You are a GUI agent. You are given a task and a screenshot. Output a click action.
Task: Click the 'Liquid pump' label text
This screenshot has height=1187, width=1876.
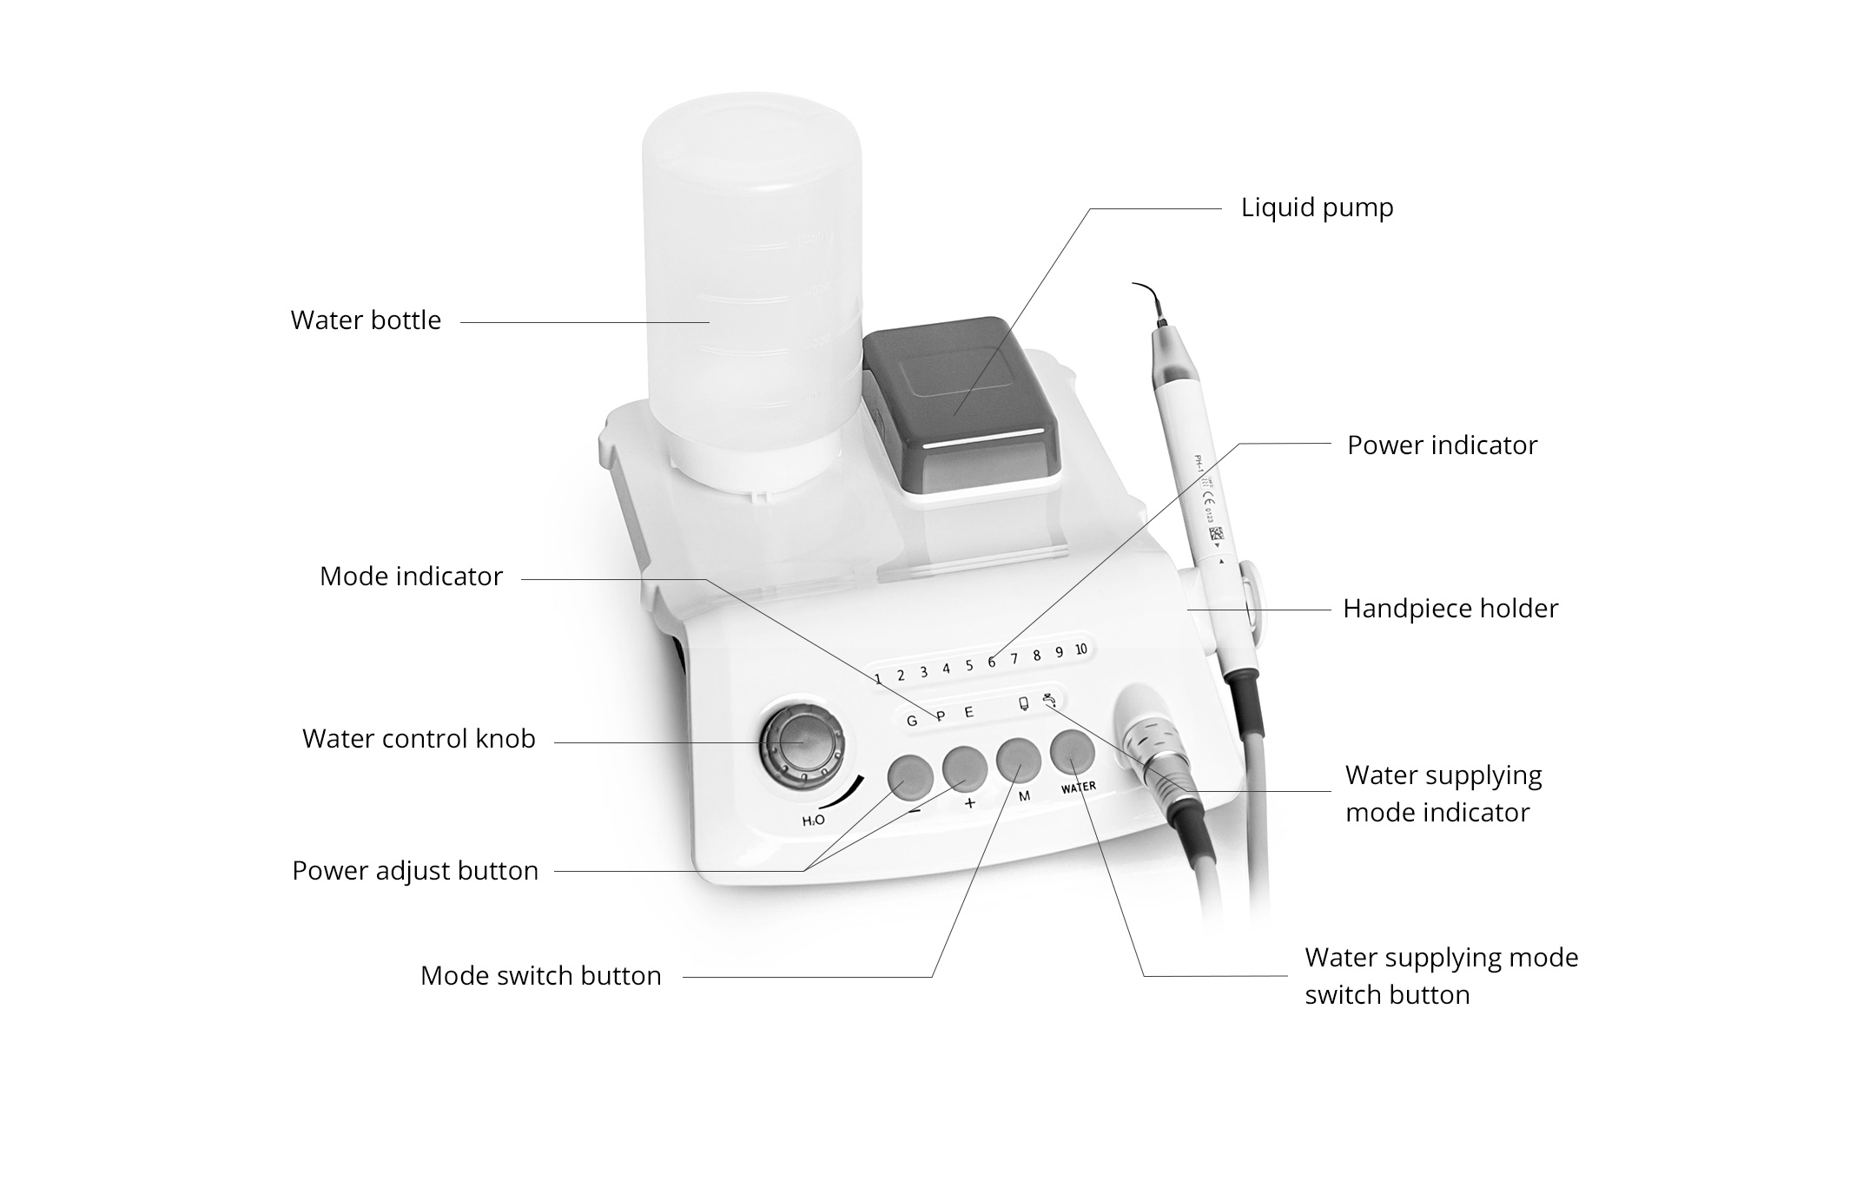click(1317, 208)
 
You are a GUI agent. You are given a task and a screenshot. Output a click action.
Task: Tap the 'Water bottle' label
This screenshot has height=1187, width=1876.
click(366, 320)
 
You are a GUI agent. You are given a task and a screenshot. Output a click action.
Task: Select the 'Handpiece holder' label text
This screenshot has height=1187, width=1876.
click(1450, 609)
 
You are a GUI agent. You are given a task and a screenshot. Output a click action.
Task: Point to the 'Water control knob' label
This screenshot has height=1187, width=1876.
click(419, 739)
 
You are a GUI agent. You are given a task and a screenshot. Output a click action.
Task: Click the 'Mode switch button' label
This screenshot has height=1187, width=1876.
click(540, 976)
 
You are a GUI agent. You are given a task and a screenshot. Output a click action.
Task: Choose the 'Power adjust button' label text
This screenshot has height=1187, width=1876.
click(415, 871)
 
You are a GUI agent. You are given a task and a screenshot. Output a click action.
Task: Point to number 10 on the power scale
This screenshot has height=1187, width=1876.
click(1080, 650)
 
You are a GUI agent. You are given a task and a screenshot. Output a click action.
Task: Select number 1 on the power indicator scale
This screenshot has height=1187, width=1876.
click(878, 679)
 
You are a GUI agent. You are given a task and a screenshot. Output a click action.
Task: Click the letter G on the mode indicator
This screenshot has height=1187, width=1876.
click(911, 721)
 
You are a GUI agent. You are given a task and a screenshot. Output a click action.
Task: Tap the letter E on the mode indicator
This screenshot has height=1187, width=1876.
click(969, 713)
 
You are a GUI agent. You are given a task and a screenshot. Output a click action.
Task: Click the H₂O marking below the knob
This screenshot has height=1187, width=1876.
click(813, 821)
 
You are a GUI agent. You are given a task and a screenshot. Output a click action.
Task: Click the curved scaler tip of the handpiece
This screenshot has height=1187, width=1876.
click(1151, 300)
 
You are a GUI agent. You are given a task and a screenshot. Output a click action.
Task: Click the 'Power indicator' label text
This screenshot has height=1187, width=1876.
click(1442, 445)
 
